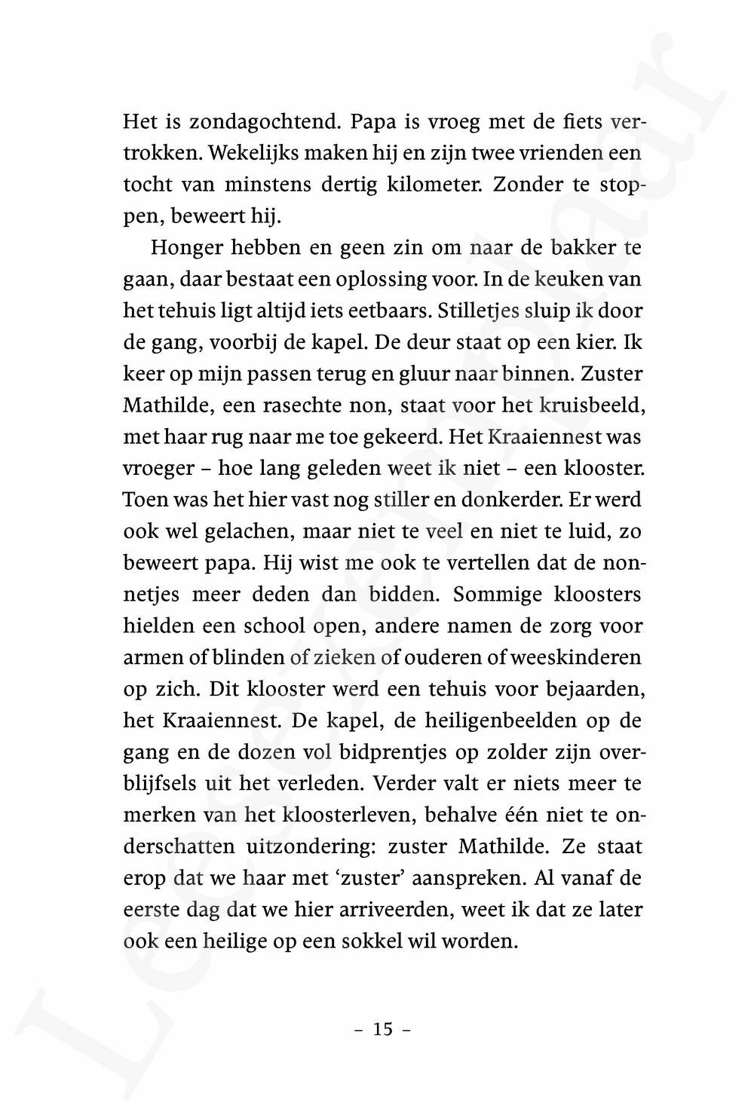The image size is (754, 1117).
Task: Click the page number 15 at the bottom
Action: [x=383, y=1029]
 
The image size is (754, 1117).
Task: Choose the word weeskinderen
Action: [x=575, y=658]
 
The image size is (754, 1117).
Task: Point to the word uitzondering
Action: [x=309, y=847]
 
